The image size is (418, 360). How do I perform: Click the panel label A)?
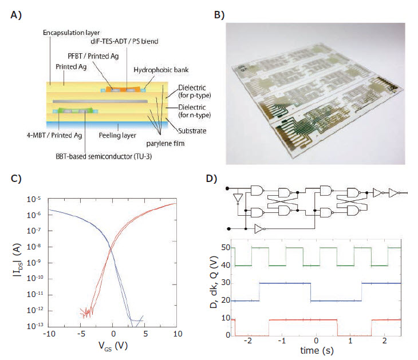point(15,15)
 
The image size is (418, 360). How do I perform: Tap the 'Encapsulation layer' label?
point(71,33)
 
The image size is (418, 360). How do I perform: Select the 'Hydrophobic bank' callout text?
point(161,70)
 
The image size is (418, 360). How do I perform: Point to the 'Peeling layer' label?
point(117,136)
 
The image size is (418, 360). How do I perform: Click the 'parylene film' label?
point(165,143)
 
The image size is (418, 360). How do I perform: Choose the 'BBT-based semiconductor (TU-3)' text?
point(104,156)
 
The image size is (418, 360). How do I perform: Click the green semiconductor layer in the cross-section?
point(76,110)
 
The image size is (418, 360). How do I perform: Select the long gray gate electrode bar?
point(100,101)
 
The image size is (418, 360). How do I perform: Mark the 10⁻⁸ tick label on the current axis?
point(34,247)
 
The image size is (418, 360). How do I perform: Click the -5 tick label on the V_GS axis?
point(81,334)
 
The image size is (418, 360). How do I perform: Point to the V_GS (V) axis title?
point(113,346)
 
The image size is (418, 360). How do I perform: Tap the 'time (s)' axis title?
point(317,350)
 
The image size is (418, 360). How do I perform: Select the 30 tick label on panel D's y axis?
point(226,283)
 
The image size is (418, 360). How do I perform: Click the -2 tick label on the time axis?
point(247,341)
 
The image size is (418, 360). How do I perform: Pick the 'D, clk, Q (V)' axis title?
point(214,282)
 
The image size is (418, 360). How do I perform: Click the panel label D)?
point(211,178)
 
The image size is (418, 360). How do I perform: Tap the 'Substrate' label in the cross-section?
point(192,131)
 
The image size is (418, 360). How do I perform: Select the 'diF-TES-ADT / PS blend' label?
point(124,41)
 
